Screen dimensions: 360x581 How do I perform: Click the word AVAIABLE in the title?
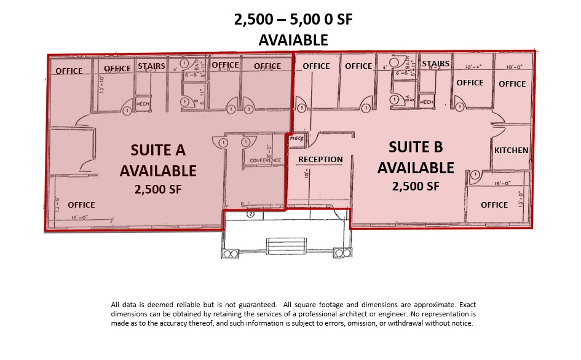(293, 40)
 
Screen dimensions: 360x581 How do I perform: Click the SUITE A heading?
(158, 151)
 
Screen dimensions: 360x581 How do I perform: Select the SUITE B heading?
(416, 147)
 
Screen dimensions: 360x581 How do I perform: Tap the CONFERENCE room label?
(266, 161)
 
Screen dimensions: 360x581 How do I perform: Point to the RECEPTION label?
(320, 160)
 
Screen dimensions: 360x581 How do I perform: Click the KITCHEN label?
(511, 150)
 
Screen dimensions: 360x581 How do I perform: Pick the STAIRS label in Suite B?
(435, 63)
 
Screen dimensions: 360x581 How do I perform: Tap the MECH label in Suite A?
(143, 104)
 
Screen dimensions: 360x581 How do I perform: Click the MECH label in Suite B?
(427, 102)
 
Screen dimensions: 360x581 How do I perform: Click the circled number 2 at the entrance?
(251, 215)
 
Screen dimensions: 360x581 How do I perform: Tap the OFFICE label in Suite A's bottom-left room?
(81, 205)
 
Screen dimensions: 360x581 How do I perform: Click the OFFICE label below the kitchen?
(494, 205)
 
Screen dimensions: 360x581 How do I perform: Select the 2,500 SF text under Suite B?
(416, 186)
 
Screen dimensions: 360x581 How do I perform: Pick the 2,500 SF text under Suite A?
(158, 190)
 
